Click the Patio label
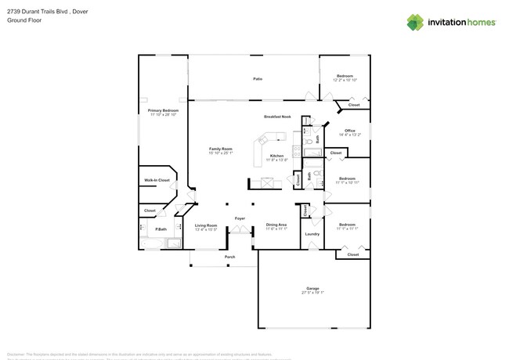257,79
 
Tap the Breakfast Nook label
277,117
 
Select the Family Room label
220,149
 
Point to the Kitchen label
276,156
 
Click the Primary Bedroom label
163,110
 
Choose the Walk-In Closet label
157,180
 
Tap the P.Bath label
160,229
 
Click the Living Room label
206,225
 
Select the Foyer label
240,218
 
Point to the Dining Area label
276,225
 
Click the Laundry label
312,234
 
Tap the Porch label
229,257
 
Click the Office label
349,131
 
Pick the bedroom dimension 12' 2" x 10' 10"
345,80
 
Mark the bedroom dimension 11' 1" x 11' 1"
347,229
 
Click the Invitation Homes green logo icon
415,22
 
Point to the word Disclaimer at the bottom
17,354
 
